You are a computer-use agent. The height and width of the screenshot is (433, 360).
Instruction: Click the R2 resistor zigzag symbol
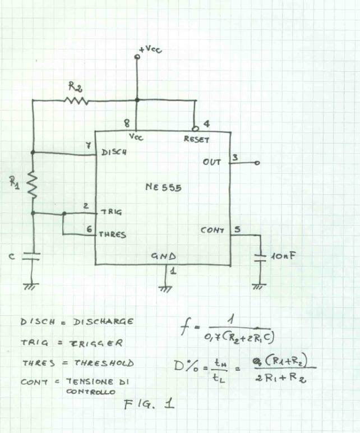[77, 101]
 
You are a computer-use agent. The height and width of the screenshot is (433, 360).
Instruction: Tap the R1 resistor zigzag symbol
[32, 185]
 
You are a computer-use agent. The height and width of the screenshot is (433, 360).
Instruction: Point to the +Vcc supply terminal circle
[137, 57]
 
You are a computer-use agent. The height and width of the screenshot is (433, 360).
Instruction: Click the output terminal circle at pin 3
[257, 163]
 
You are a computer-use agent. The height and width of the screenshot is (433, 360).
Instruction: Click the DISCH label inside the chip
[114, 152]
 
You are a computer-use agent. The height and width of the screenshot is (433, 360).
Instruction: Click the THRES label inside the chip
[113, 235]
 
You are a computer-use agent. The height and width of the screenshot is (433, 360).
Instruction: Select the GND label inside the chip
[164, 256]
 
